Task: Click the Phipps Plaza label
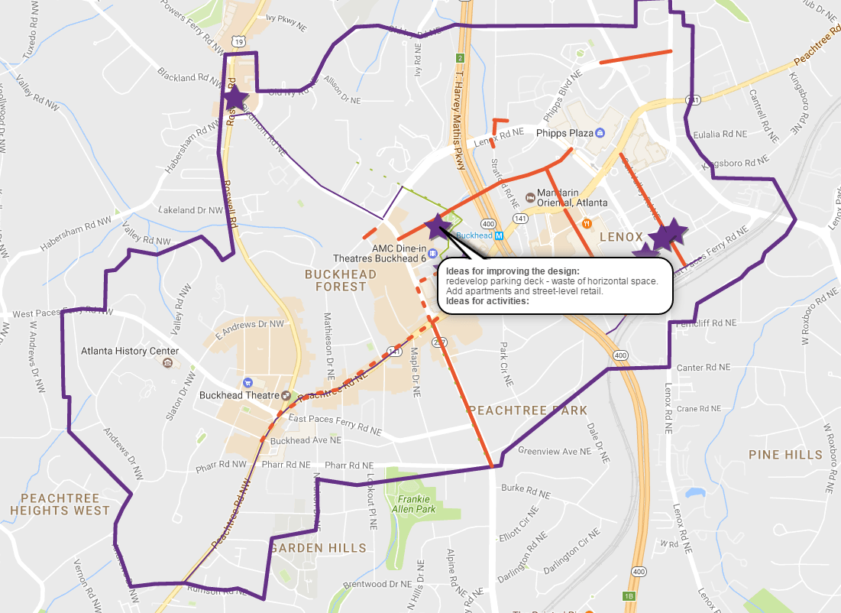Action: [564, 133]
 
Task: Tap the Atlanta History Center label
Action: [130, 352]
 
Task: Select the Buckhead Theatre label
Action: [238, 395]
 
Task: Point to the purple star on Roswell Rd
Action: [235, 97]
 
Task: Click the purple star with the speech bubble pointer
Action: [437, 225]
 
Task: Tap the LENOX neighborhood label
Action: [622, 238]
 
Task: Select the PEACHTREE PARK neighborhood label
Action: [528, 410]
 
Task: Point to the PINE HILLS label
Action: [785, 455]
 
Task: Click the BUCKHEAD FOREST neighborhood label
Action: [341, 280]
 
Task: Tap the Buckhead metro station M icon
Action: [498, 235]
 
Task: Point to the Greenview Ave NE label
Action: [555, 451]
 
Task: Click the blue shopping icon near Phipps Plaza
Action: [600, 133]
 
